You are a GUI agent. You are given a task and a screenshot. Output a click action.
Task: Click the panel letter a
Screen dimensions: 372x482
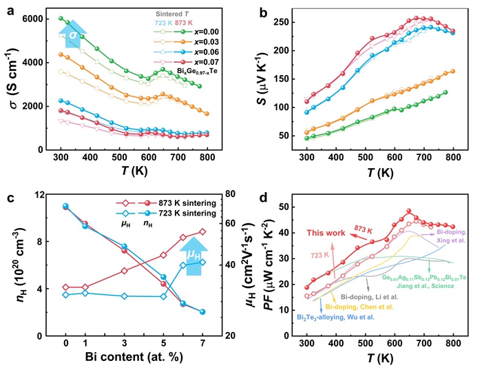point(8,10)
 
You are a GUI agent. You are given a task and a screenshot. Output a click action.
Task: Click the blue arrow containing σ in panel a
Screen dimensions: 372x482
point(74,33)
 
